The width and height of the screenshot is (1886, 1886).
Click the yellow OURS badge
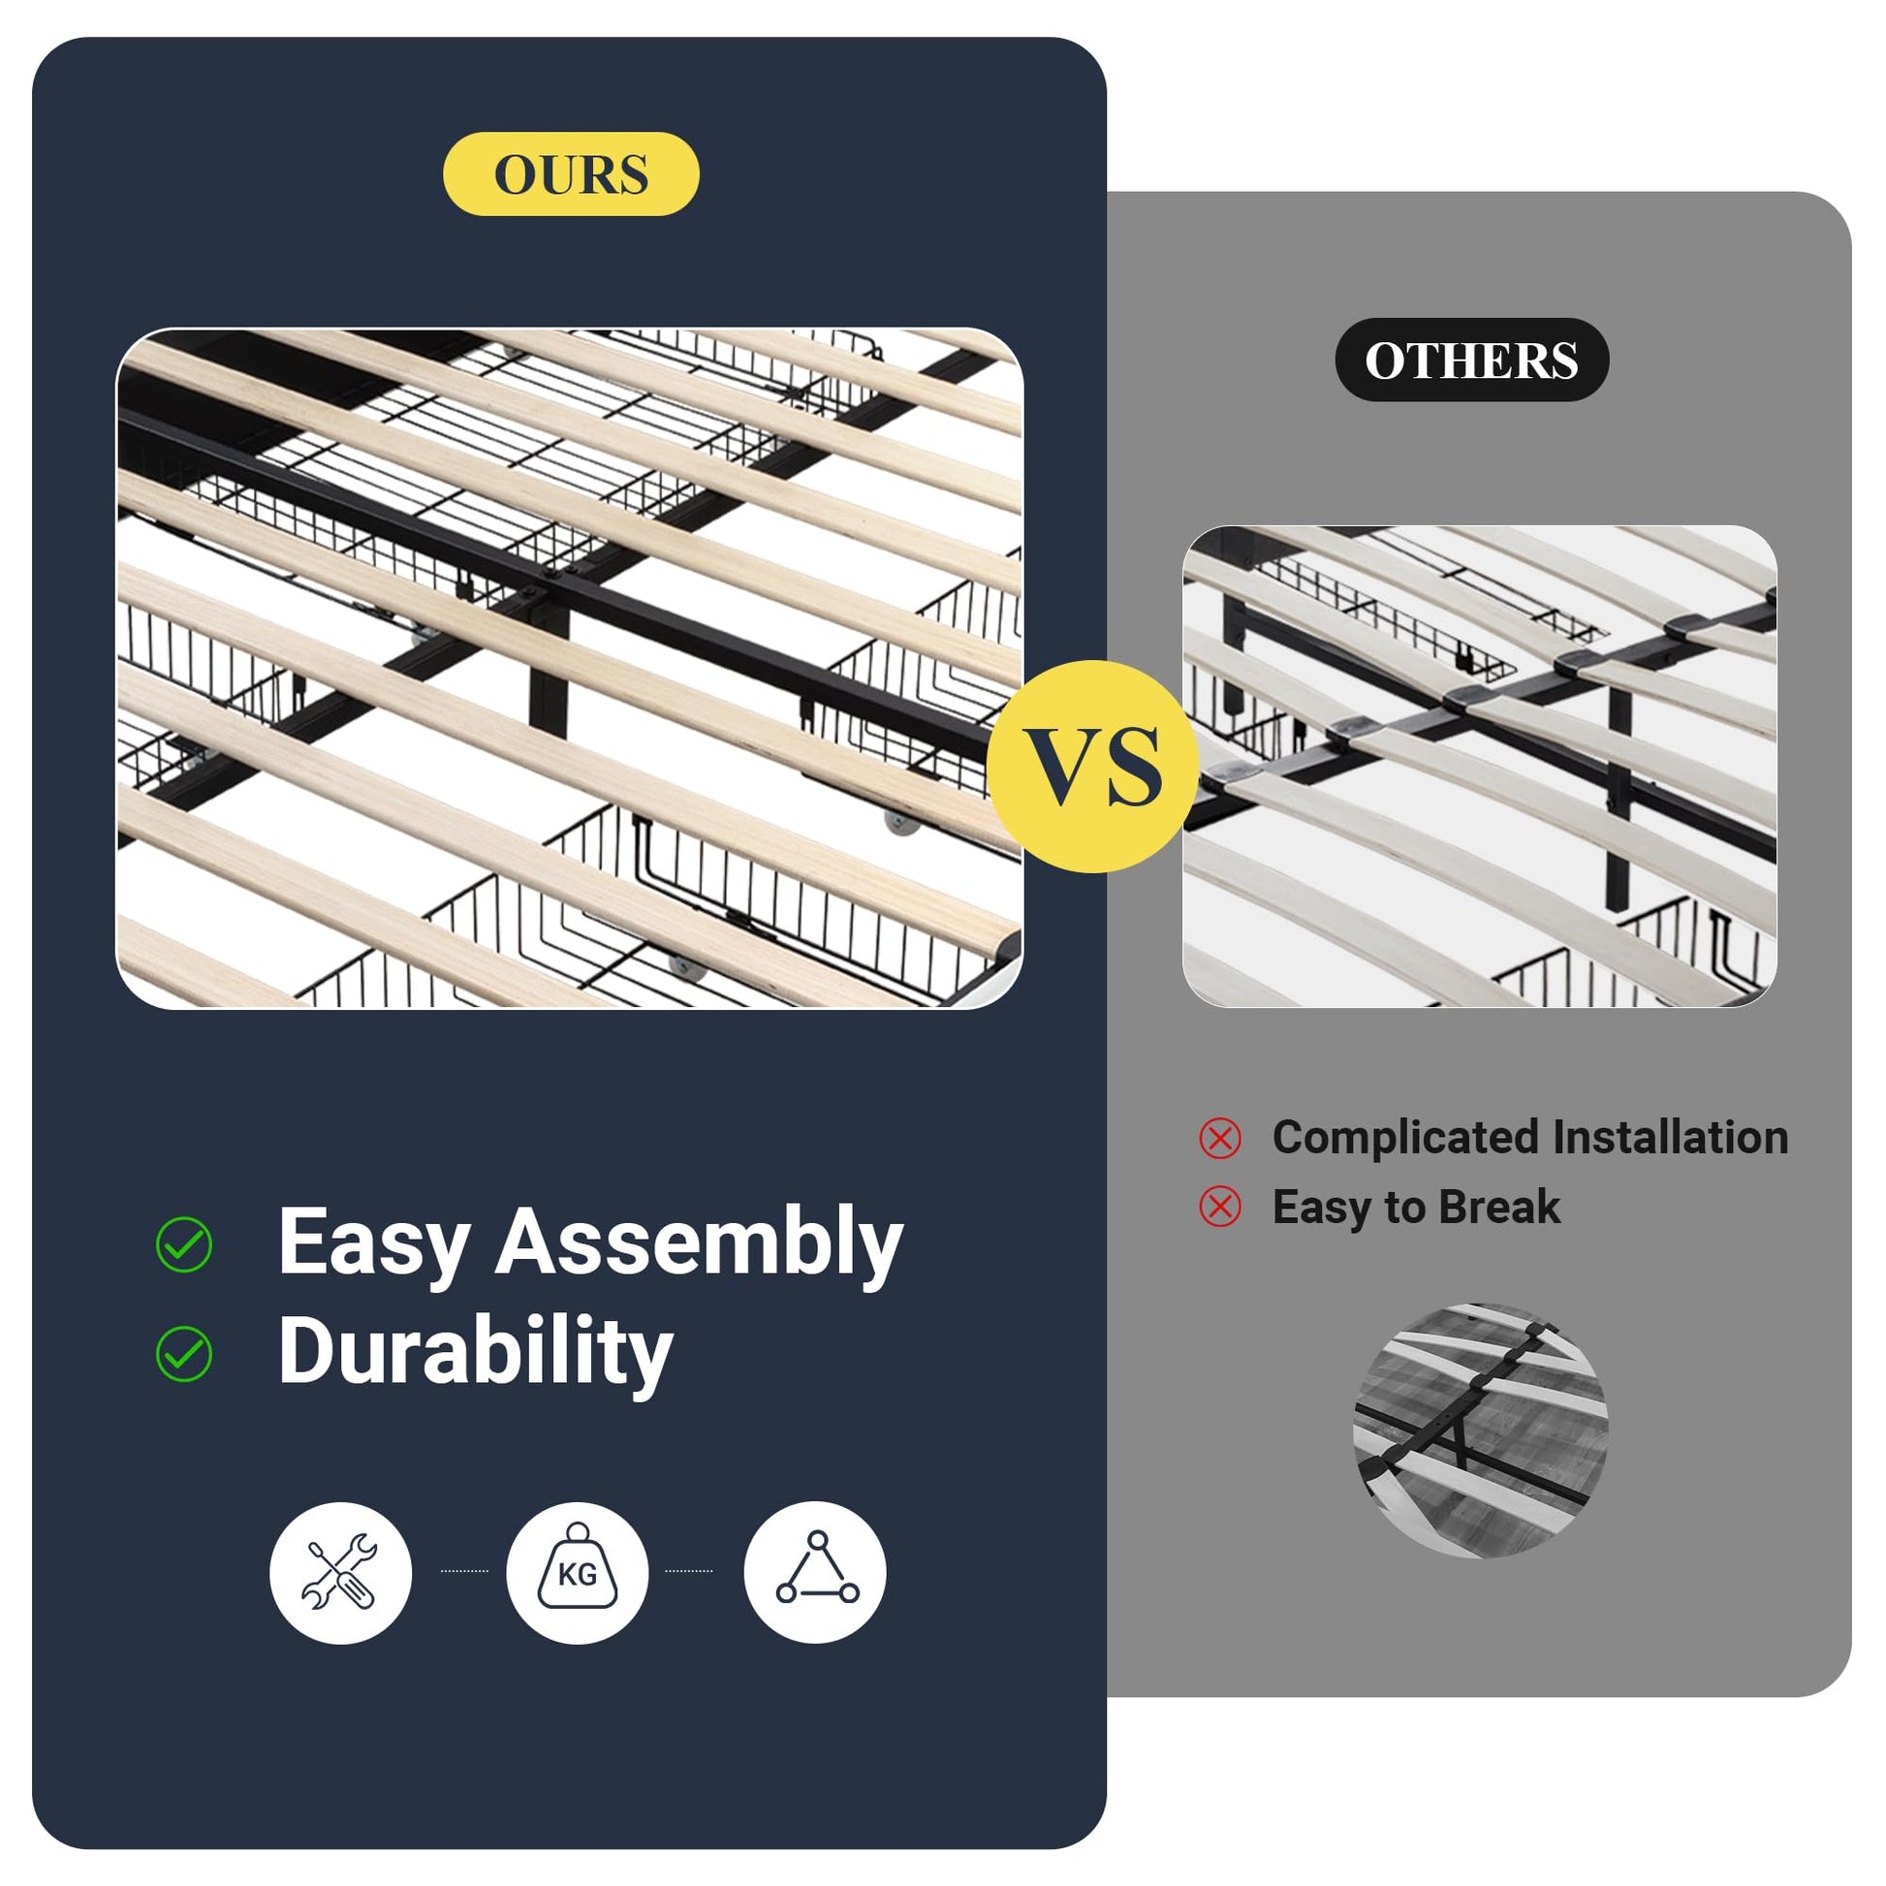pos(571,173)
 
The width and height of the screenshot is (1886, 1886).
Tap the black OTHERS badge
pos(1471,361)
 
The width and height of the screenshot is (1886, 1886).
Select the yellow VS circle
pos(1092,767)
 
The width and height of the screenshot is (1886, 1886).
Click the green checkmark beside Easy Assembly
pos(183,1244)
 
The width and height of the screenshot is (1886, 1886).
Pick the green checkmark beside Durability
pos(183,1354)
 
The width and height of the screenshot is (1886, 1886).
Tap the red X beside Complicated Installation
pos(1220,1138)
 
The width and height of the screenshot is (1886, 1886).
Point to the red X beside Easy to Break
pos(1220,1207)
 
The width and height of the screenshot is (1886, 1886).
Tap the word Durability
pos(476,1351)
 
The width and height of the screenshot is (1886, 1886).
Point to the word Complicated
pos(1406,1139)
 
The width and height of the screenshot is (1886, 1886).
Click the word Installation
pos(1670,1137)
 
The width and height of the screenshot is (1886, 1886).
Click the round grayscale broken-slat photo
pos(1480,1430)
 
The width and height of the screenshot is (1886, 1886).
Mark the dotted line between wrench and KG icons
pos(464,1571)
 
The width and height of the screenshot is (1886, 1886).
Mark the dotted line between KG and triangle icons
pos(689,1571)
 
